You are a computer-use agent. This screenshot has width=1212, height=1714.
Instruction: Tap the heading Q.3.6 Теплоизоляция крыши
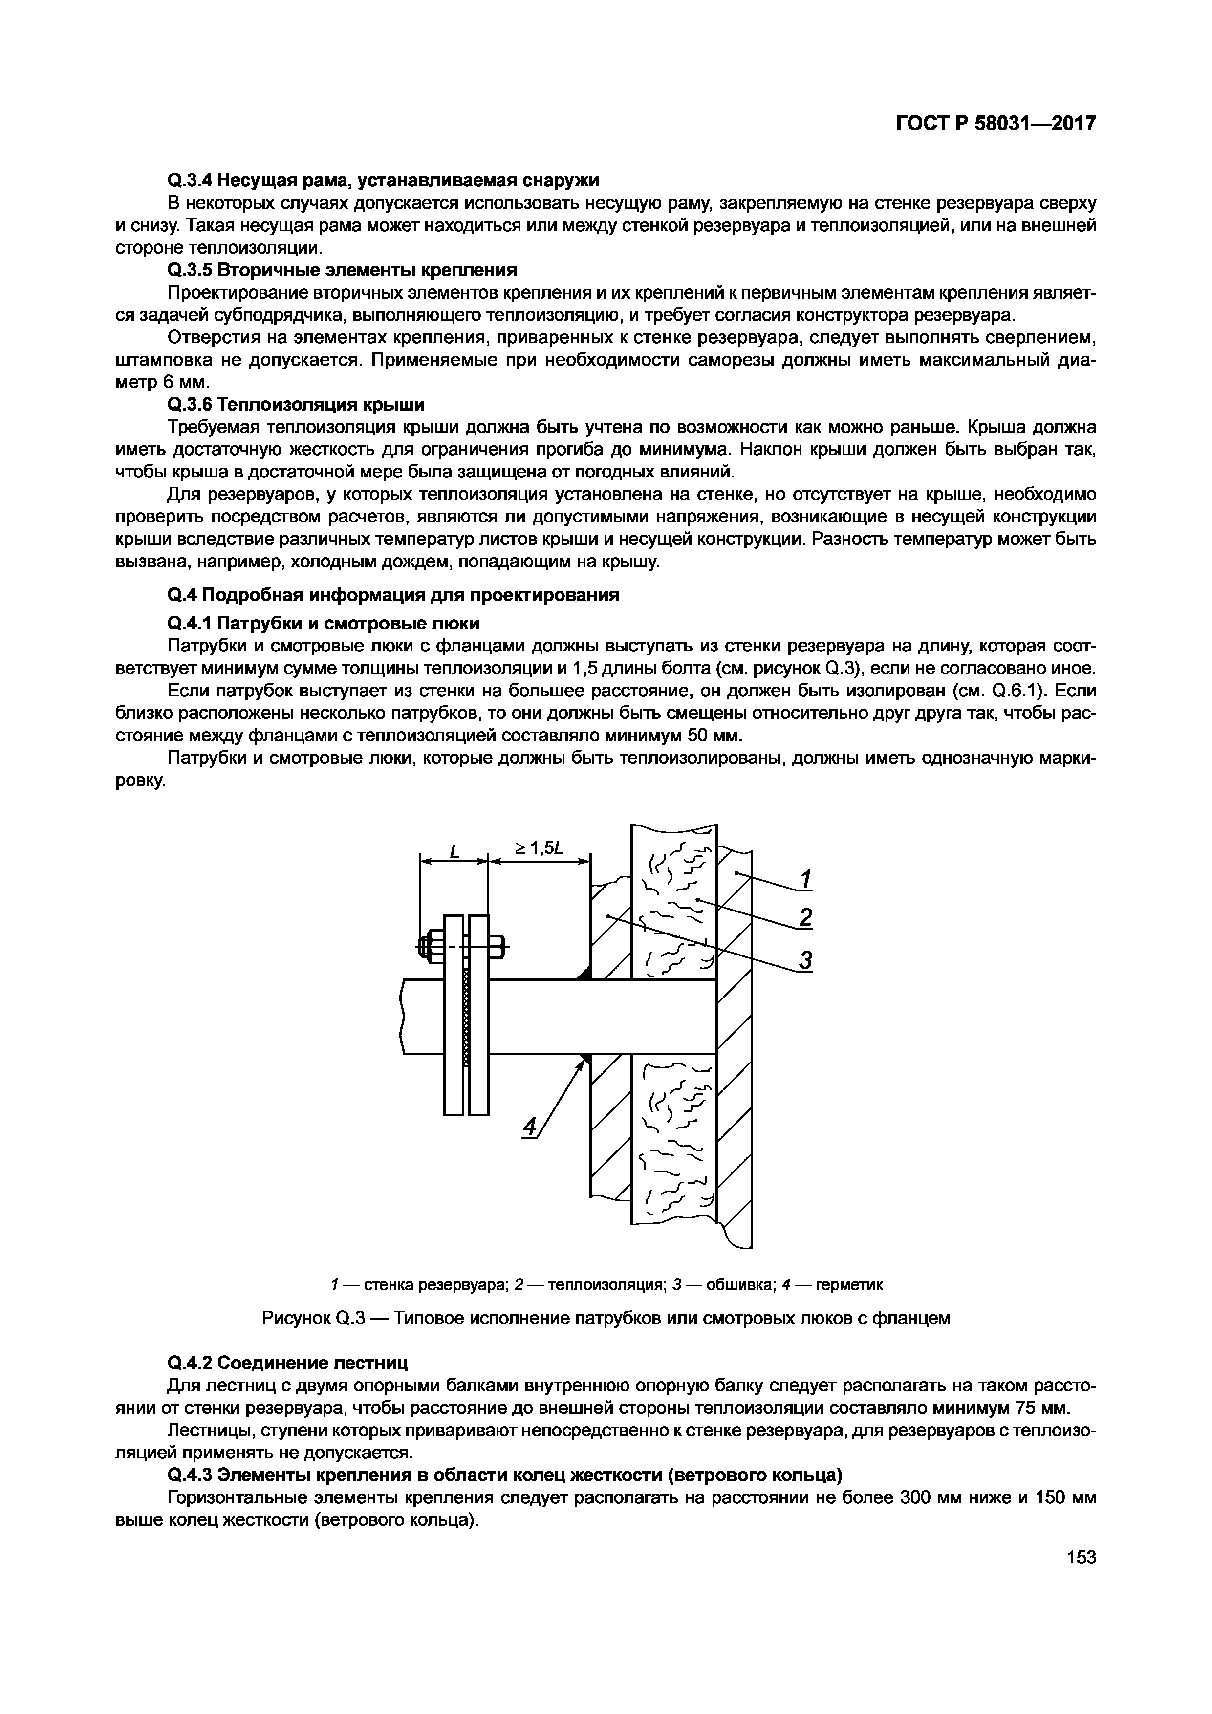tap(296, 405)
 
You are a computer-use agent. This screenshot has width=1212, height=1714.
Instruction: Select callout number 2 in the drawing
tap(804, 917)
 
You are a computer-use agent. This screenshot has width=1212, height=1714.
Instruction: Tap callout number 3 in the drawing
tap(804, 959)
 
